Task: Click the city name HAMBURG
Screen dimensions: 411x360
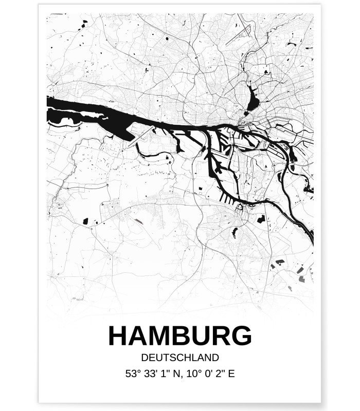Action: (x=180, y=337)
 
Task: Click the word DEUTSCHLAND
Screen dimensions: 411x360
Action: (x=180, y=358)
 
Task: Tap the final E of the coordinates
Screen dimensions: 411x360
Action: (x=231, y=373)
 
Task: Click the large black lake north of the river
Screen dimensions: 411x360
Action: (x=253, y=100)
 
